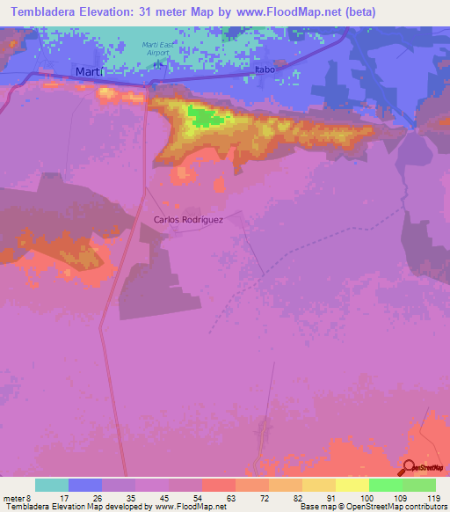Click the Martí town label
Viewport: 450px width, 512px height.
pos(90,71)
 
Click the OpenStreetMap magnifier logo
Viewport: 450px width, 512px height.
pos(409,467)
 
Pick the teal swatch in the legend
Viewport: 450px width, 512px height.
pos(52,485)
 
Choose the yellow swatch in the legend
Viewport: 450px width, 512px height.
pos(352,485)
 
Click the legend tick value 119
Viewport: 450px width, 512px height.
pos(432,497)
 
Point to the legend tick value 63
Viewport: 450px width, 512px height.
pos(232,497)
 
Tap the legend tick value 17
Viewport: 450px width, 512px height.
pos(65,497)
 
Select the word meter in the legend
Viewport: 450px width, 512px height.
pos(15,497)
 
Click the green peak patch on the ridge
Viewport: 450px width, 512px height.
pos(205,117)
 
